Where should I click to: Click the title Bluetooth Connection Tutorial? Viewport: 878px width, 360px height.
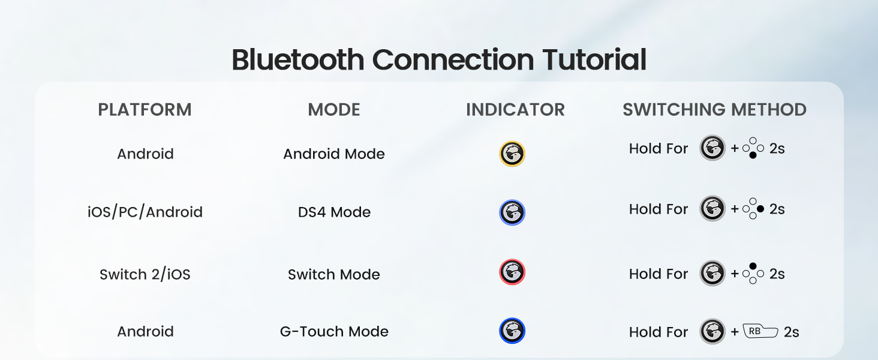pos(439,60)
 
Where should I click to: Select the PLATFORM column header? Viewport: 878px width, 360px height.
pos(145,110)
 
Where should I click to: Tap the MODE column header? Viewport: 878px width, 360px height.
pos(334,110)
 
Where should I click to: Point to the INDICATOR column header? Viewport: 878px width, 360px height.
pos(515,110)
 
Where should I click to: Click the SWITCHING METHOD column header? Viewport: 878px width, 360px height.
pos(714,110)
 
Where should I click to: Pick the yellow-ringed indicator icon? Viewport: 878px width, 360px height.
pos(512,154)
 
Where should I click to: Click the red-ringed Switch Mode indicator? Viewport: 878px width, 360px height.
pos(512,272)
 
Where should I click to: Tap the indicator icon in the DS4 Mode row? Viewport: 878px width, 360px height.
pos(512,212)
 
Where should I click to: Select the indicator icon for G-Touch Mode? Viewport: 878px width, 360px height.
pos(512,331)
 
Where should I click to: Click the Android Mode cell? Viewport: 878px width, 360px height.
pos(334,154)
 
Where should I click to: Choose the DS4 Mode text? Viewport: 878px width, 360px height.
pos(334,212)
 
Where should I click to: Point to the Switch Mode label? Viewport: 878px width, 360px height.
pos(334,275)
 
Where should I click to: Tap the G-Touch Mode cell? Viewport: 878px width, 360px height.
pos(334,332)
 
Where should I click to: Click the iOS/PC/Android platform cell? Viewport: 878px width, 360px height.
pos(145,212)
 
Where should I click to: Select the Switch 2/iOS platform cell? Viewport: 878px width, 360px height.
pos(145,275)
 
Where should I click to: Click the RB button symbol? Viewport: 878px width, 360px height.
pos(760,331)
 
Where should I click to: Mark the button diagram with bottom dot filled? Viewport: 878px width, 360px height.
pos(753,148)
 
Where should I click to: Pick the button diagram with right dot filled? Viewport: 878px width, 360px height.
pos(753,209)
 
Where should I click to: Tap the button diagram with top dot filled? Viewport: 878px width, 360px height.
pos(753,273)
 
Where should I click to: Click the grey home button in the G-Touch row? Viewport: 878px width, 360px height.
pos(712,331)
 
